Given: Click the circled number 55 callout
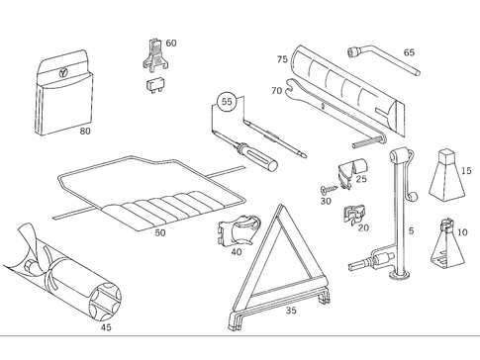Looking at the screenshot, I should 227,101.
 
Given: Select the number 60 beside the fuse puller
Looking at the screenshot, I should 171,44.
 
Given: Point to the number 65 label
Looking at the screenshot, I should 409,52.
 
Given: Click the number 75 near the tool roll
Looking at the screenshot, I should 282,60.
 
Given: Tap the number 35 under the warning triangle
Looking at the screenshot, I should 290,310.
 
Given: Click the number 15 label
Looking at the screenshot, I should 466,171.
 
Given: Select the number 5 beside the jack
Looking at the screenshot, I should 411,233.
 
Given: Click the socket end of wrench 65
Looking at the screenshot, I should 351,49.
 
